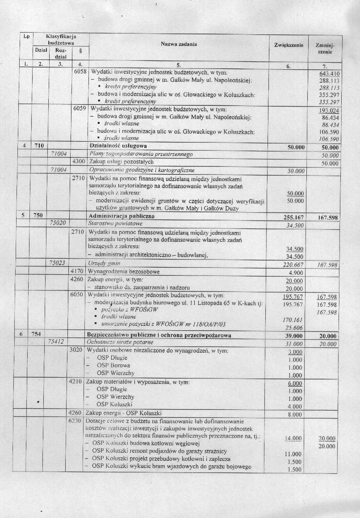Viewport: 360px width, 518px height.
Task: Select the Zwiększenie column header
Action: [x=289, y=46]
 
